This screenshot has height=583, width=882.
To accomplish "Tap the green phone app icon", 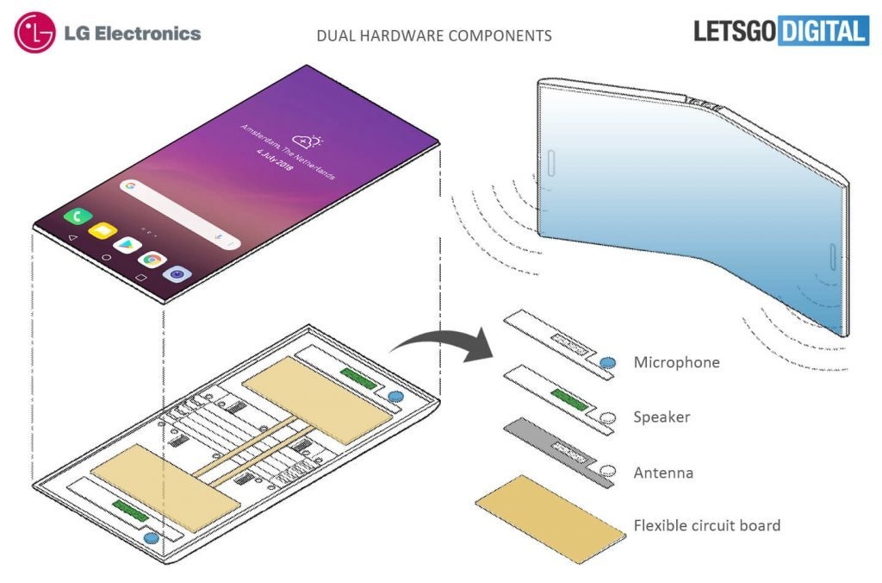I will [x=77, y=217].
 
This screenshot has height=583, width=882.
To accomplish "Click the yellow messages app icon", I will [x=102, y=231].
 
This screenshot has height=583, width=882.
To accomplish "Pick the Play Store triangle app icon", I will [x=127, y=245].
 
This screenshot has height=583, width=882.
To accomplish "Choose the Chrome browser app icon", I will [x=152, y=259].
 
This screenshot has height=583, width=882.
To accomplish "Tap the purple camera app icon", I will [x=177, y=273].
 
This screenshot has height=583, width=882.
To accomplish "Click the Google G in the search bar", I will [x=131, y=185].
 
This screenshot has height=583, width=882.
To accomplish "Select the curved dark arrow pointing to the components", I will [x=439, y=342].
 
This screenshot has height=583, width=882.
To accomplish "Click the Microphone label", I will [x=676, y=362].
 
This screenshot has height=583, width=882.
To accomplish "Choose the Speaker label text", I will [x=662, y=417].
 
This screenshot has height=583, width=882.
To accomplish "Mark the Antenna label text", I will [x=663, y=473].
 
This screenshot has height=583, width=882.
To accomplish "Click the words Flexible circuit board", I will [x=706, y=525].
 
